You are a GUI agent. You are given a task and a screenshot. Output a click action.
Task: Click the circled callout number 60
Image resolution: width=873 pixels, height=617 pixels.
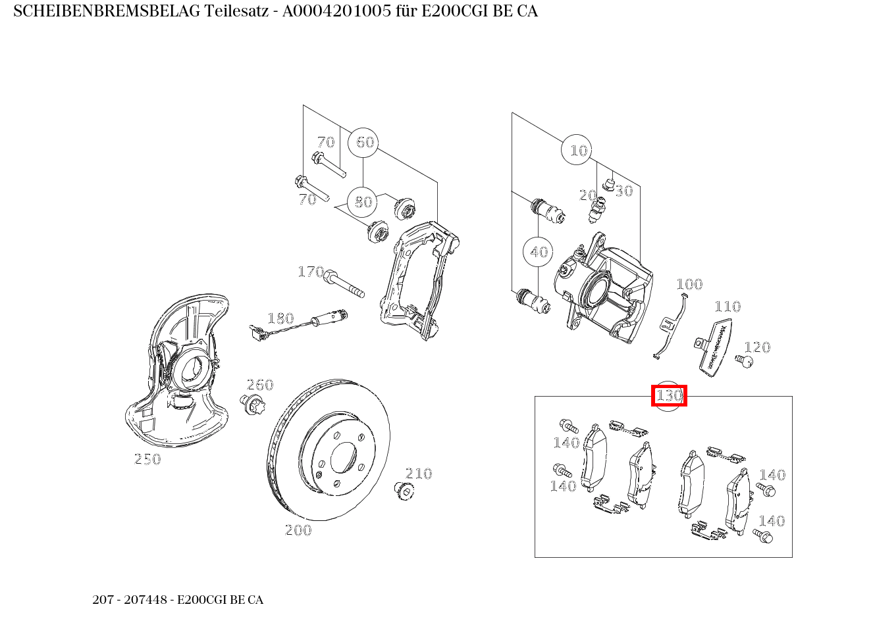coord(363,142)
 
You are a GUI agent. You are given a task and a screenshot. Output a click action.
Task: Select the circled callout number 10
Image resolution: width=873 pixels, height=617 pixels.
coord(577,151)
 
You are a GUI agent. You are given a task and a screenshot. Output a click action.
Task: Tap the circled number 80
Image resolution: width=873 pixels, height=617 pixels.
coord(363,202)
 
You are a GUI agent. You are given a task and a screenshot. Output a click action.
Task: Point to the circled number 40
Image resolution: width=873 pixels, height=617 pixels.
coord(539,252)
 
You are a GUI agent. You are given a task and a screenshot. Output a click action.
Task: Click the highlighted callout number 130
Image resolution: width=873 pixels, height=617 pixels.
coord(669,396)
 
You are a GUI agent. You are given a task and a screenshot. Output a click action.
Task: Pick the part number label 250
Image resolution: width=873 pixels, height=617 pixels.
coord(147,459)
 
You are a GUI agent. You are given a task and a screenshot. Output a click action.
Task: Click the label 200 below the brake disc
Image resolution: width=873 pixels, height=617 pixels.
coord(298,530)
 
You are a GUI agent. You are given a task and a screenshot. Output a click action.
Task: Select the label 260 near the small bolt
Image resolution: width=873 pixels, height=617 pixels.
coord(260,385)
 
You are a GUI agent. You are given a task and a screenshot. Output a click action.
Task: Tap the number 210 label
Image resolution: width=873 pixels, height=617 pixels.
coord(419,474)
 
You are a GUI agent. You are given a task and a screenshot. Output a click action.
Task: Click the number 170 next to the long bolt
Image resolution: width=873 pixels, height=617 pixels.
coord(311,272)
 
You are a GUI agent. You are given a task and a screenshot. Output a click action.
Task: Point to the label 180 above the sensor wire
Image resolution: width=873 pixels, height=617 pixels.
coord(280,318)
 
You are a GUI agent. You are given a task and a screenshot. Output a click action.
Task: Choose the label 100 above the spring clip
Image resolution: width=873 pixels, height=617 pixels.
coord(689,284)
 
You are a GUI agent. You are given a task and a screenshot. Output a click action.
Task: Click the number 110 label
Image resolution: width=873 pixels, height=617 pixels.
coord(727,307)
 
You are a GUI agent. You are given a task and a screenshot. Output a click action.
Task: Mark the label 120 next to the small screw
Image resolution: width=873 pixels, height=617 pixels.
coord(757,347)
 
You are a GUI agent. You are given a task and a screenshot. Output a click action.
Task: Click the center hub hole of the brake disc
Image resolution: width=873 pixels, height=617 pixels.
coord(343,457)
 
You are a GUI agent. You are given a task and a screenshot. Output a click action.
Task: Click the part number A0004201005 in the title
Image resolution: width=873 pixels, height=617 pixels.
coord(332,11)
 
